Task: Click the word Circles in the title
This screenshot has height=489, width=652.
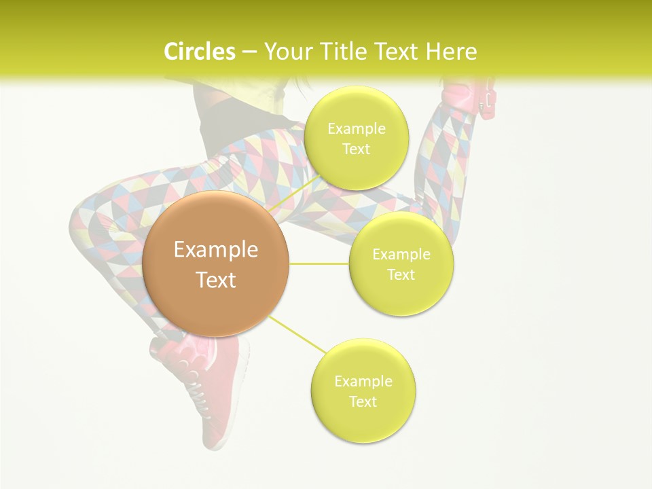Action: pyautogui.click(x=199, y=52)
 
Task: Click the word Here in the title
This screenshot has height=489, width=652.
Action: pyautogui.click(x=452, y=52)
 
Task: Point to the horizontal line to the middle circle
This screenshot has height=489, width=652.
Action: pyautogui.click(x=319, y=264)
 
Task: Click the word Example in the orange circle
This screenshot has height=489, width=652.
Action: pyautogui.click(x=216, y=250)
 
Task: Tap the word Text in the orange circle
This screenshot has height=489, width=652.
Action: pyautogui.click(x=216, y=280)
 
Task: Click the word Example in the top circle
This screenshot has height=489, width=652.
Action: pyautogui.click(x=356, y=129)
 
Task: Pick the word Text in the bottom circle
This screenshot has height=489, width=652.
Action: pyautogui.click(x=363, y=401)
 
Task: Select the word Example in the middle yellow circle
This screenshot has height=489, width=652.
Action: pyautogui.click(x=401, y=255)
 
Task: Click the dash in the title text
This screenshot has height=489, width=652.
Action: pyautogui.click(x=249, y=52)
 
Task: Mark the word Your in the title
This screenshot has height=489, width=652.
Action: pyautogui.click(x=285, y=52)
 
